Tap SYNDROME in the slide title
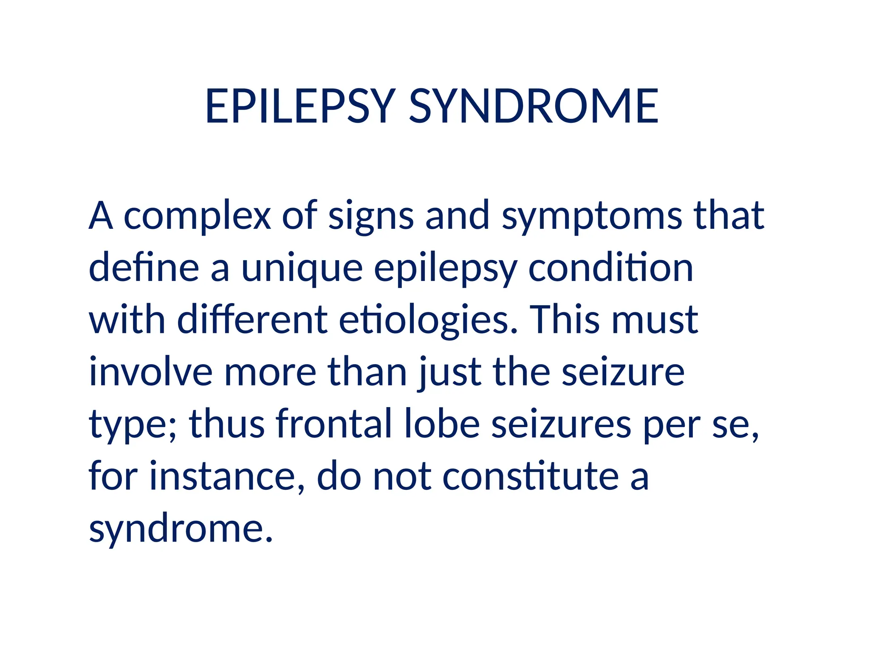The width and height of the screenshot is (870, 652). click(x=534, y=106)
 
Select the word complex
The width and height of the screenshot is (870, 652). click(x=197, y=216)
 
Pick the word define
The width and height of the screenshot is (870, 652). click(x=144, y=267)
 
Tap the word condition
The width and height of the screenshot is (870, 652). click(x=610, y=267)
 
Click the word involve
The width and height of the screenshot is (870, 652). click(x=151, y=372)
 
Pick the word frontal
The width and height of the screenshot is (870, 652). click(x=334, y=424)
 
